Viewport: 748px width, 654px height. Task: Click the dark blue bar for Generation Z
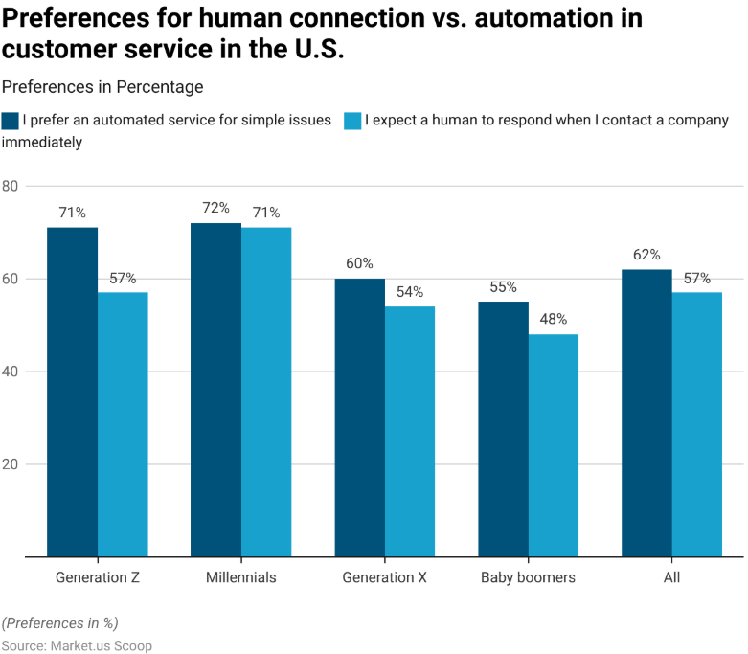[x=72, y=392]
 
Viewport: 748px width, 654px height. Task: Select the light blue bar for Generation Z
[x=123, y=424]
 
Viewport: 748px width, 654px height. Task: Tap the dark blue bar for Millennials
[x=215, y=390]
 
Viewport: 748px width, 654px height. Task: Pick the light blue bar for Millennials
[x=266, y=392]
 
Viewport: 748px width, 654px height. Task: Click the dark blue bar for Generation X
[x=359, y=417]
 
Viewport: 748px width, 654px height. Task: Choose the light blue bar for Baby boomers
[x=554, y=445]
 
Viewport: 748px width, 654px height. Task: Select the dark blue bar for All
[x=646, y=413]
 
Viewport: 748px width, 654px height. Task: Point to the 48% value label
[x=553, y=319]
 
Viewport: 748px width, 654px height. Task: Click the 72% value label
[x=215, y=208]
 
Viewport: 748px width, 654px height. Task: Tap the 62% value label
[x=646, y=255]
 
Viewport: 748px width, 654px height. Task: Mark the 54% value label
[x=409, y=291]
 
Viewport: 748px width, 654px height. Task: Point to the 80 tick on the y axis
[x=11, y=186]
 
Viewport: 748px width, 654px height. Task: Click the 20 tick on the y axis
[x=11, y=464]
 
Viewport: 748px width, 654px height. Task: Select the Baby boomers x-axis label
[x=528, y=577]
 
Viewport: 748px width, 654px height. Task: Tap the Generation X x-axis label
[x=384, y=577]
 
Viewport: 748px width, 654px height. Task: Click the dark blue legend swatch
[x=11, y=121]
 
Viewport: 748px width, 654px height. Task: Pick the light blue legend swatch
[x=352, y=121]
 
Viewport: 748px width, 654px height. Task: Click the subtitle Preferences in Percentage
[x=102, y=87]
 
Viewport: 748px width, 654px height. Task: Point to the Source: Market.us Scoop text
[x=77, y=646]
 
